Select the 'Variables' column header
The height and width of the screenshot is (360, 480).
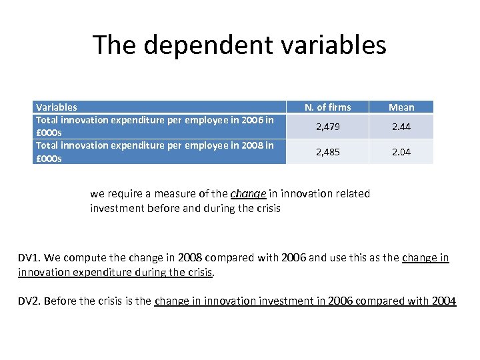[x=57, y=107]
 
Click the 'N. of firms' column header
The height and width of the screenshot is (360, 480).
[x=327, y=107]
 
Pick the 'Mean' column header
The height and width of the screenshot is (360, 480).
[x=401, y=107]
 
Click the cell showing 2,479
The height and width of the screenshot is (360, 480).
[x=327, y=127]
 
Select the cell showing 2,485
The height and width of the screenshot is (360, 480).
[x=327, y=151]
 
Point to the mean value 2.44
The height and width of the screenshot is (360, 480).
[x=401, y=127]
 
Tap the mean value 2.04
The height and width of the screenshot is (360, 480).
[x=401, y=151]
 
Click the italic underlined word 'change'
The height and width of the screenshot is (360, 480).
[x=248, y=194]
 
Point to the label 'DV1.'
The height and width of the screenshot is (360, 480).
[x=31, y=258]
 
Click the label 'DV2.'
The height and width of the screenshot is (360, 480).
[x=31, y=301]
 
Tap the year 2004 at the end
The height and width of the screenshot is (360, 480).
[x=444, y=301]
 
